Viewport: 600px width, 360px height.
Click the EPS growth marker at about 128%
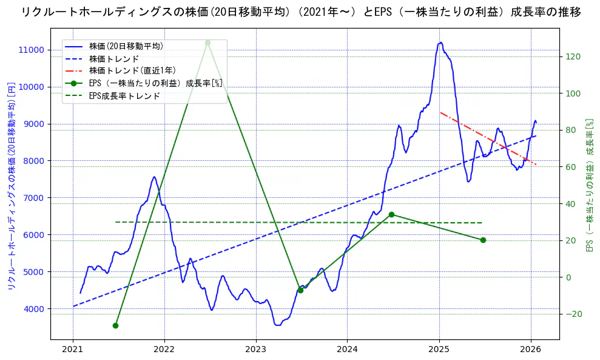(x=207, y=42)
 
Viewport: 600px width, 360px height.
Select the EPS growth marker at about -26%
(x=115, y=325)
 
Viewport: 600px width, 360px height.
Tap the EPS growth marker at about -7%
(x=300, y=290)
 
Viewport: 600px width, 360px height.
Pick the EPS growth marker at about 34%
(x=391, y=214)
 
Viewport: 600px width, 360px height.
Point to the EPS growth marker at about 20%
(x=483, y=240)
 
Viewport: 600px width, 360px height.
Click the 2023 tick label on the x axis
(x=256, y=349)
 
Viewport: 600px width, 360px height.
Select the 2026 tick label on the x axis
(x=531, y=349)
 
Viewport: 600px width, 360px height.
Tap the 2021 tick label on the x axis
(x=73, y=349)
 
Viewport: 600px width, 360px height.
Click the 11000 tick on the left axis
(x=32, y=50)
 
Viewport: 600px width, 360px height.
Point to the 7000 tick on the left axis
(x=34, y=198)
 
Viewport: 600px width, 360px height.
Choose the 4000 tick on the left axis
(x=34, y=309)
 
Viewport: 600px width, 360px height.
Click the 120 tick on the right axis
(x=573, y=56)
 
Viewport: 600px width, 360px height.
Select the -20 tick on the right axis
(x=573, y=314)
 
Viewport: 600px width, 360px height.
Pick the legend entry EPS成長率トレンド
(x=124, y=95)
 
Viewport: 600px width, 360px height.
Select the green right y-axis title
(x=588, y=185)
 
